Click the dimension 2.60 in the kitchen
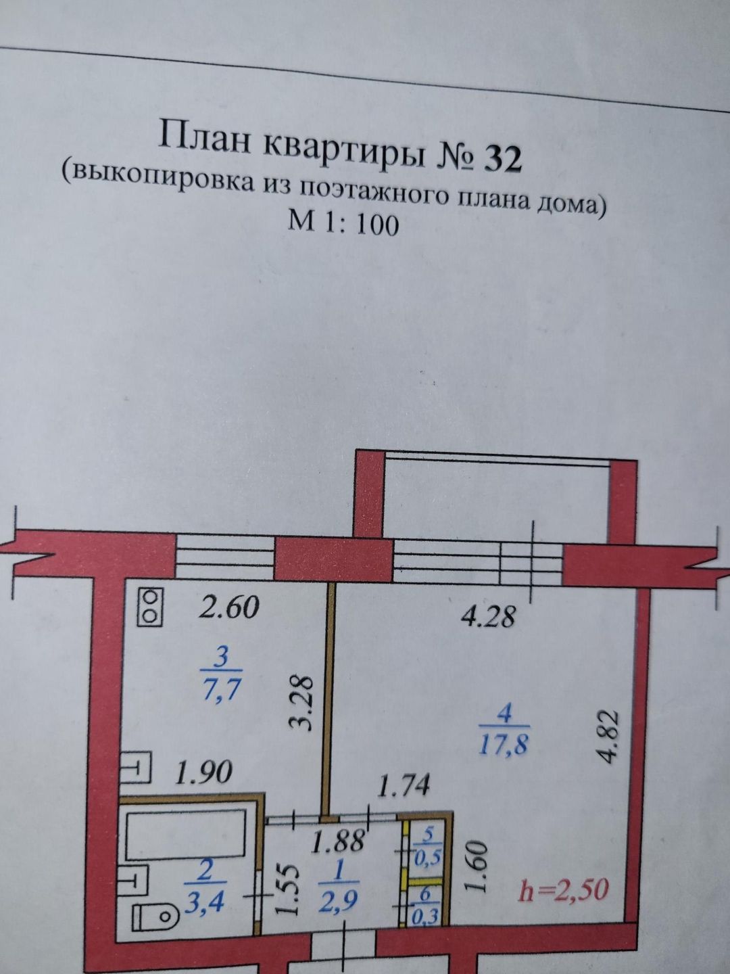coord(228,607)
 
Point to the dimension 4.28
coord(487,617)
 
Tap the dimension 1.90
coord(203,772)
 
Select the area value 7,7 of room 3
coord(222,691)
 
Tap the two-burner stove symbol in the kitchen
coord(150,606)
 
